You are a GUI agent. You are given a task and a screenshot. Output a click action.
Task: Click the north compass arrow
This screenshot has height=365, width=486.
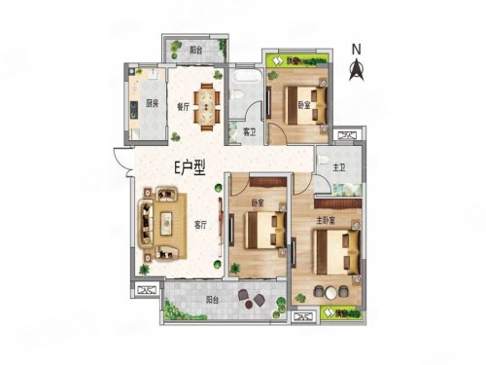pyautogui.click(x=357, y=68)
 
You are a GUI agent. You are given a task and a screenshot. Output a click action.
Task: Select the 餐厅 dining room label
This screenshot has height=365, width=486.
pyautogui.click(x=182, y=108)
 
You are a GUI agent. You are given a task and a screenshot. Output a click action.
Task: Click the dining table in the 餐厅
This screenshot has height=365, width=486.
pyautogui.click(x=207, y=103)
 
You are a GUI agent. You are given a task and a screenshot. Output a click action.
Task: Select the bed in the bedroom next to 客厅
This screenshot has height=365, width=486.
pyautogui.click(x=260, y=231)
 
